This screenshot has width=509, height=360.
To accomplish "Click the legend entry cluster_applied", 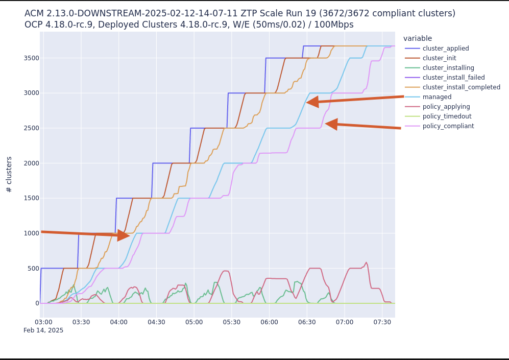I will click(446, 49).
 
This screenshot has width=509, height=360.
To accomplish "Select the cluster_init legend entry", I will click(439, 58).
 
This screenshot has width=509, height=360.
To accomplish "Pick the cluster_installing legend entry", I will click(448, 68).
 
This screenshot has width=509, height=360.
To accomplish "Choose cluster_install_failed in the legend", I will click(453, 78).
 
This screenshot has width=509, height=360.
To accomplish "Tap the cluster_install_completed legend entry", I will click(461, 87).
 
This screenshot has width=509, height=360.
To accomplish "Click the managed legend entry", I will click(437, 97).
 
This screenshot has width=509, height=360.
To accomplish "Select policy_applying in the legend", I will click(446, 107).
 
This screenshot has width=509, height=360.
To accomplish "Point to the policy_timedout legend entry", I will click(447, 116).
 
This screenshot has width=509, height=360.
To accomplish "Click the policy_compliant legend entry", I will click(448, 126).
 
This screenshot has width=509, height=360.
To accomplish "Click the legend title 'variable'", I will click(418, 39).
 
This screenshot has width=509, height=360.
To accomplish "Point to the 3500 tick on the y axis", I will click(31, 58).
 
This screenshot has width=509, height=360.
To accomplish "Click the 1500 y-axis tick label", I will click(31, 198).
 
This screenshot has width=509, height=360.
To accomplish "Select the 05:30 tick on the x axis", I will click(232, 322).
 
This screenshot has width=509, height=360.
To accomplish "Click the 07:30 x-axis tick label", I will click(382, 322).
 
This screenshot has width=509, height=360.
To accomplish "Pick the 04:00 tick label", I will click(119, 322).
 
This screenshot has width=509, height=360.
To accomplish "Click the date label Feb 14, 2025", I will click(43, 331).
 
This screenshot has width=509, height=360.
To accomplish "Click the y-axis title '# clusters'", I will click(9, 174).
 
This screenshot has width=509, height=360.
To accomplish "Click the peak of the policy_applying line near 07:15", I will click(366, 262).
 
